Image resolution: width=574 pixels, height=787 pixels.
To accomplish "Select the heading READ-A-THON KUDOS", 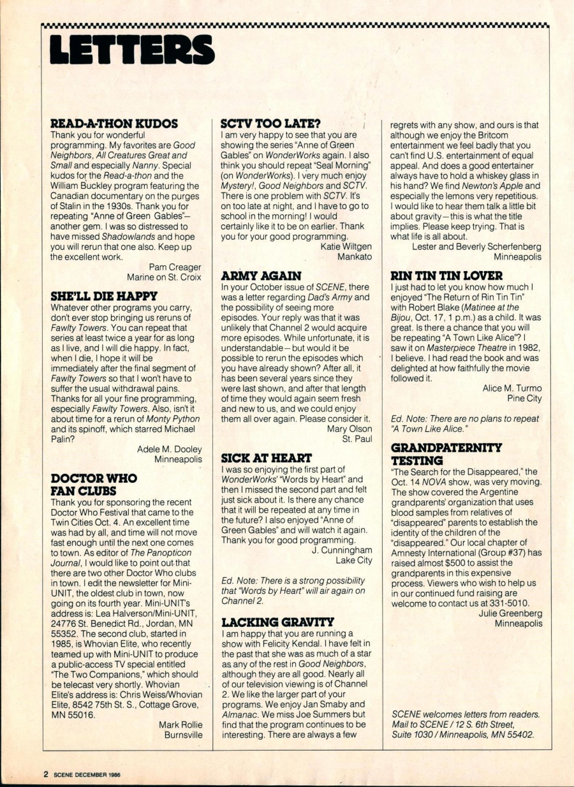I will [114, 124].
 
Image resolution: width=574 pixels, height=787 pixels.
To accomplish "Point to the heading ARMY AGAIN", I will [261, 276].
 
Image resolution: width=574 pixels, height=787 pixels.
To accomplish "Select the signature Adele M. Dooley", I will [170, 449].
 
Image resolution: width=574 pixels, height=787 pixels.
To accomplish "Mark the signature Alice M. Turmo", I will [512, 388].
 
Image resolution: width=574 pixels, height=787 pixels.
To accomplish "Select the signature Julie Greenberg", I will [510, 613].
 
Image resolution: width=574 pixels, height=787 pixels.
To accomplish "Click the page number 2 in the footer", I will [46, 774].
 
